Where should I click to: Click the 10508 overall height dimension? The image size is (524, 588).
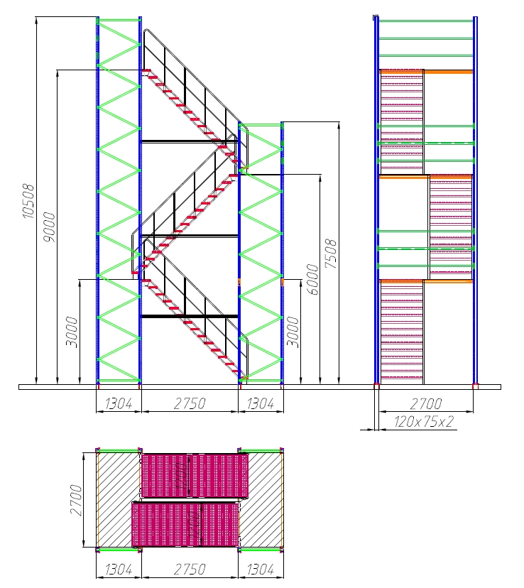click(x=28, y=201)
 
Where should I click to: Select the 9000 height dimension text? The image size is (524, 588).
click(x=49, y=227)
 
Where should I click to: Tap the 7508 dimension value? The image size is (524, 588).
click(x=331, y=254)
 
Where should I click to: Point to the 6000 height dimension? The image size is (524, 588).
click(x=312, y=279)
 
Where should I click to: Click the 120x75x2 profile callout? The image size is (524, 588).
click(x=424, y=422)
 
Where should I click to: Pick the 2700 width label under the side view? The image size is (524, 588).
click(x=426, y=404)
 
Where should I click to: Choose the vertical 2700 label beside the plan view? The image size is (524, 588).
click(x=76, y=500)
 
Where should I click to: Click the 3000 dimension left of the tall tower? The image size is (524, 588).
click(x=72, y=332)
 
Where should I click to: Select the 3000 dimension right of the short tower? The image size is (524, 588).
click(x=293, y=332)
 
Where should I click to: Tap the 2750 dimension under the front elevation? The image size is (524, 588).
click(x=190, y=404)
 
